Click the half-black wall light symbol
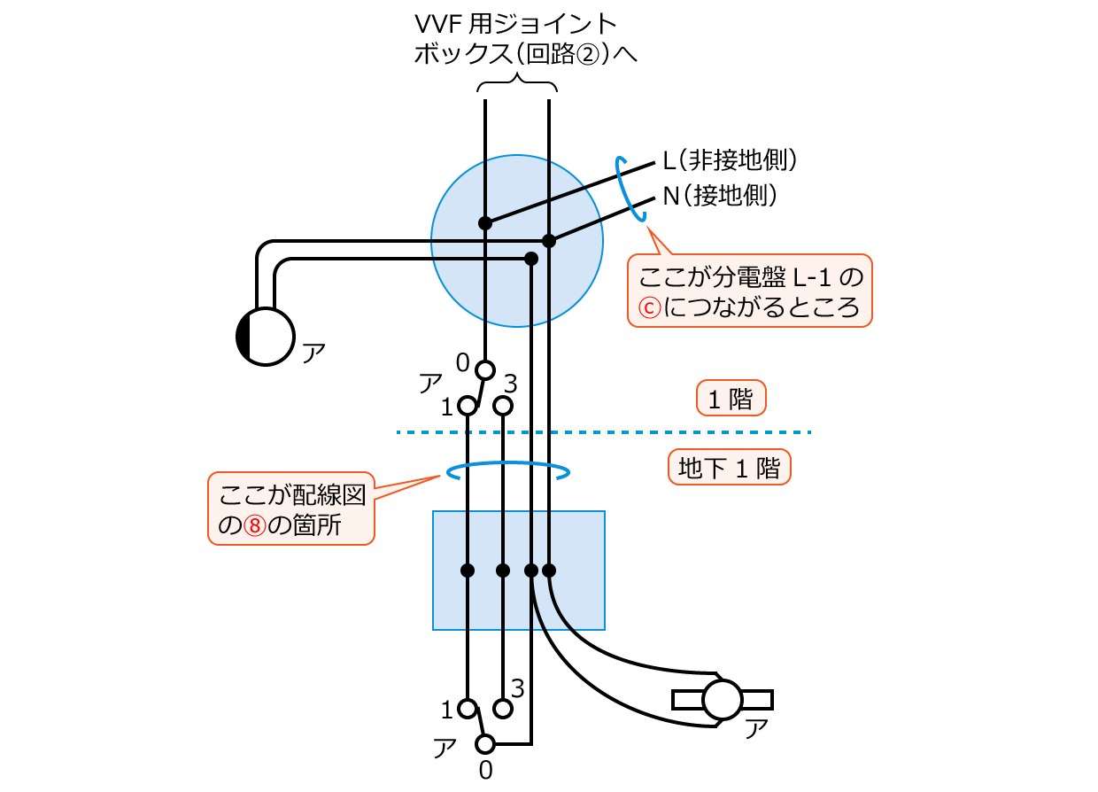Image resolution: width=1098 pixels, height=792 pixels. pyautogui.click(x=265, y=336)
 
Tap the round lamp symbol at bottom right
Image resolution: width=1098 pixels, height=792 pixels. pyautogui.click(x=722, y=700)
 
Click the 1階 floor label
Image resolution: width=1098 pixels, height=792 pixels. pyautogui.click(x=731, y=399)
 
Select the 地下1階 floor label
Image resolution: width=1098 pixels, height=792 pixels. pyautogui.click(x=729, y=467)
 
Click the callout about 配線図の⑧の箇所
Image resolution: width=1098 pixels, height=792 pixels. pyautogui.click(x=291, y=509)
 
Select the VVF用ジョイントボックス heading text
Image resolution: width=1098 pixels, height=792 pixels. pyautogui.click(x=526, y=38)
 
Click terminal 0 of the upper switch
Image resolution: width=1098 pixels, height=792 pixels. pyautogui.click(x=484, y=369)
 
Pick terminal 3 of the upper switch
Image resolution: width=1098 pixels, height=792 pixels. pyautogui.click(x=503, y=406)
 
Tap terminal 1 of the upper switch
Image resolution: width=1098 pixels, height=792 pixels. pyautogui.click(x=467, y=406)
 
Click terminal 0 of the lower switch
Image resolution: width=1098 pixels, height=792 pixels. pyautogui.click(x=484, y=743)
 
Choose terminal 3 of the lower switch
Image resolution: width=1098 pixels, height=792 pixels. pyautogui.click(x=503, y=709)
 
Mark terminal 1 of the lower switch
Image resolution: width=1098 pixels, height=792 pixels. pyautogui.click(x=467, y=709)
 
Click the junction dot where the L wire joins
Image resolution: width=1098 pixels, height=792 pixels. pyautogui.click(x=485, y=222)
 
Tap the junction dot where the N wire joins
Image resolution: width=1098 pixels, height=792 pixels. pyautogui.click(x=549, y=240)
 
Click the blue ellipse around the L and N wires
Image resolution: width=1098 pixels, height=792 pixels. pyautogui.click(x=635, y=188)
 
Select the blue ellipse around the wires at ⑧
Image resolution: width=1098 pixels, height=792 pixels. pyautogui.click(x=508, y=472)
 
